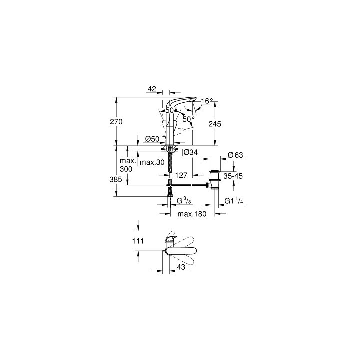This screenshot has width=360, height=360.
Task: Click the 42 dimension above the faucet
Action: pos(152,89)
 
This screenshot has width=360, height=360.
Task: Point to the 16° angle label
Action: pos(207,101)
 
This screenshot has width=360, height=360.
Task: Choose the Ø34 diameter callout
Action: pos(191,152)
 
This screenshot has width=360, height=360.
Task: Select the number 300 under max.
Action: pos(126,170)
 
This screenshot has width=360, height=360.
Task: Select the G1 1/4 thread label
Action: pos(233,201)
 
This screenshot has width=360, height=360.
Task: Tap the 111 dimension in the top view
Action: pos(138,241)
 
